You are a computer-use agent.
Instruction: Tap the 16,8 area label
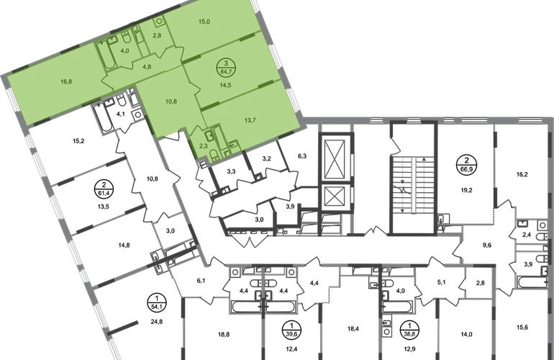66,81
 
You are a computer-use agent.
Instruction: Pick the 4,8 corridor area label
147,66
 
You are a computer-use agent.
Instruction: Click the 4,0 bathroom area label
124,50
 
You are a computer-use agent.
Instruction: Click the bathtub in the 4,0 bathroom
106,55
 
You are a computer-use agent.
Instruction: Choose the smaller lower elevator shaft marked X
332,196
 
